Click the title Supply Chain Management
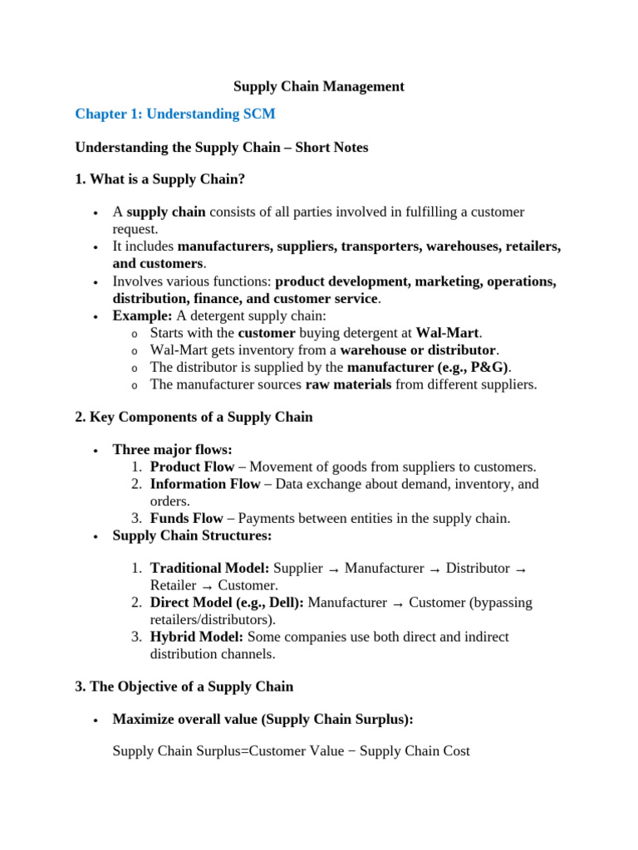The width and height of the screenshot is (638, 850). click(318, 86)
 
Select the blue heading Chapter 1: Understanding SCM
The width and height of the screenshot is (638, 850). click(174, 114)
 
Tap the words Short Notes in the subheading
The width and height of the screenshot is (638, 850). click(331, 148)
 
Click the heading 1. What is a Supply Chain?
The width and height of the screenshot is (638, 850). click(160, 179)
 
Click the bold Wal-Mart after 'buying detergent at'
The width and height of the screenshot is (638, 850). click(447, 333)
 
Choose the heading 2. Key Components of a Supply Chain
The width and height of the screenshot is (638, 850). click(194, 418)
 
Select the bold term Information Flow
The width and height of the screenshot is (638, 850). click(204, 484)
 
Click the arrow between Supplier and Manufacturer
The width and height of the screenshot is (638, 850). click(334, 569)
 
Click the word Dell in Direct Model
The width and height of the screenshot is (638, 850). click(281, 603)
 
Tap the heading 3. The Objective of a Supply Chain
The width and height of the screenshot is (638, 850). click(184, 686)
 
